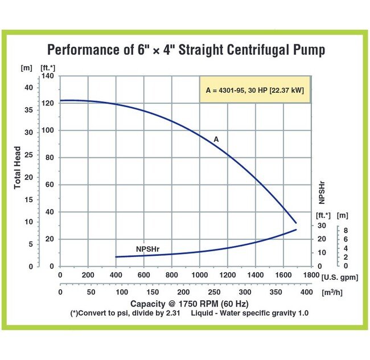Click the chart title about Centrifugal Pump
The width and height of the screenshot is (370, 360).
pos(186,50)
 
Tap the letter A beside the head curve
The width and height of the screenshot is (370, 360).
pos(216,139)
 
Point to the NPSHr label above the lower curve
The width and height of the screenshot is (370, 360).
pos(147,249)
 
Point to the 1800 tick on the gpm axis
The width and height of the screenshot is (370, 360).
pos(311,275)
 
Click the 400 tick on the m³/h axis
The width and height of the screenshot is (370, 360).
pos(306,292)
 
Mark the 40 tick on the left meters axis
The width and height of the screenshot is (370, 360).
pos(28,87)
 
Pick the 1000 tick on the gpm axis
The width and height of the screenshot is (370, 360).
pos(200,275)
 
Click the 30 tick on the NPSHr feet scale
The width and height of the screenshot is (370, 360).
pos(321,226)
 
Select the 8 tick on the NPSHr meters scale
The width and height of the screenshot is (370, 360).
pos(346,230)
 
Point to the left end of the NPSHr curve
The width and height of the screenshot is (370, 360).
pos(116,257)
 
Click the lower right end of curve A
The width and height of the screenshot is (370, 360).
pos(296,223)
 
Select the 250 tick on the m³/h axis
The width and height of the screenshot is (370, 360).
pos(214,292)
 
